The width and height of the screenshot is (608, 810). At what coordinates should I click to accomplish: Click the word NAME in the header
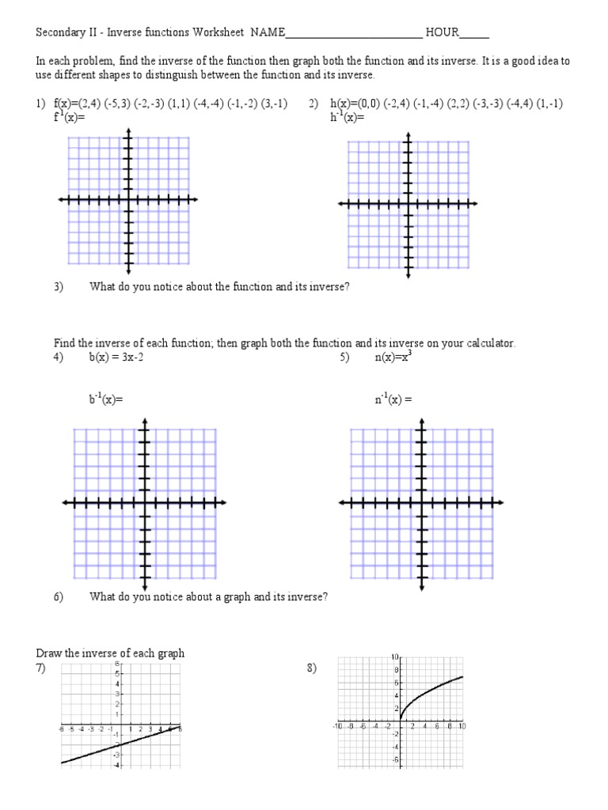point(266,33)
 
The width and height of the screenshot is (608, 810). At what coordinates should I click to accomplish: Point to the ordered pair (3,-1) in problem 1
point(273,104)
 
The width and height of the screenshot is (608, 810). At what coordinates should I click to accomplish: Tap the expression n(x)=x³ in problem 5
point(393,357)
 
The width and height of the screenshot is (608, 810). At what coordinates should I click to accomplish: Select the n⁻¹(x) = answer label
point(393,399)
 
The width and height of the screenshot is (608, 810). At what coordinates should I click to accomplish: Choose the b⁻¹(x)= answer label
point(106,399)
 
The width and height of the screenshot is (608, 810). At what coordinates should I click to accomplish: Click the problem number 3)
point(59,287)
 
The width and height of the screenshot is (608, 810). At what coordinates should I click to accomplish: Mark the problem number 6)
point(59,597)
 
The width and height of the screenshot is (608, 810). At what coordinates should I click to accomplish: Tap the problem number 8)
point(312,668)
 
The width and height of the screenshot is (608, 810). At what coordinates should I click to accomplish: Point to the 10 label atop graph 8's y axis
point(395,657)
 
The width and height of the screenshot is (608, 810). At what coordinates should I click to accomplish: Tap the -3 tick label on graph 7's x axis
point(91,729)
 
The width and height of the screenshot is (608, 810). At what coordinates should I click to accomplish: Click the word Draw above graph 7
point(48,653)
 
